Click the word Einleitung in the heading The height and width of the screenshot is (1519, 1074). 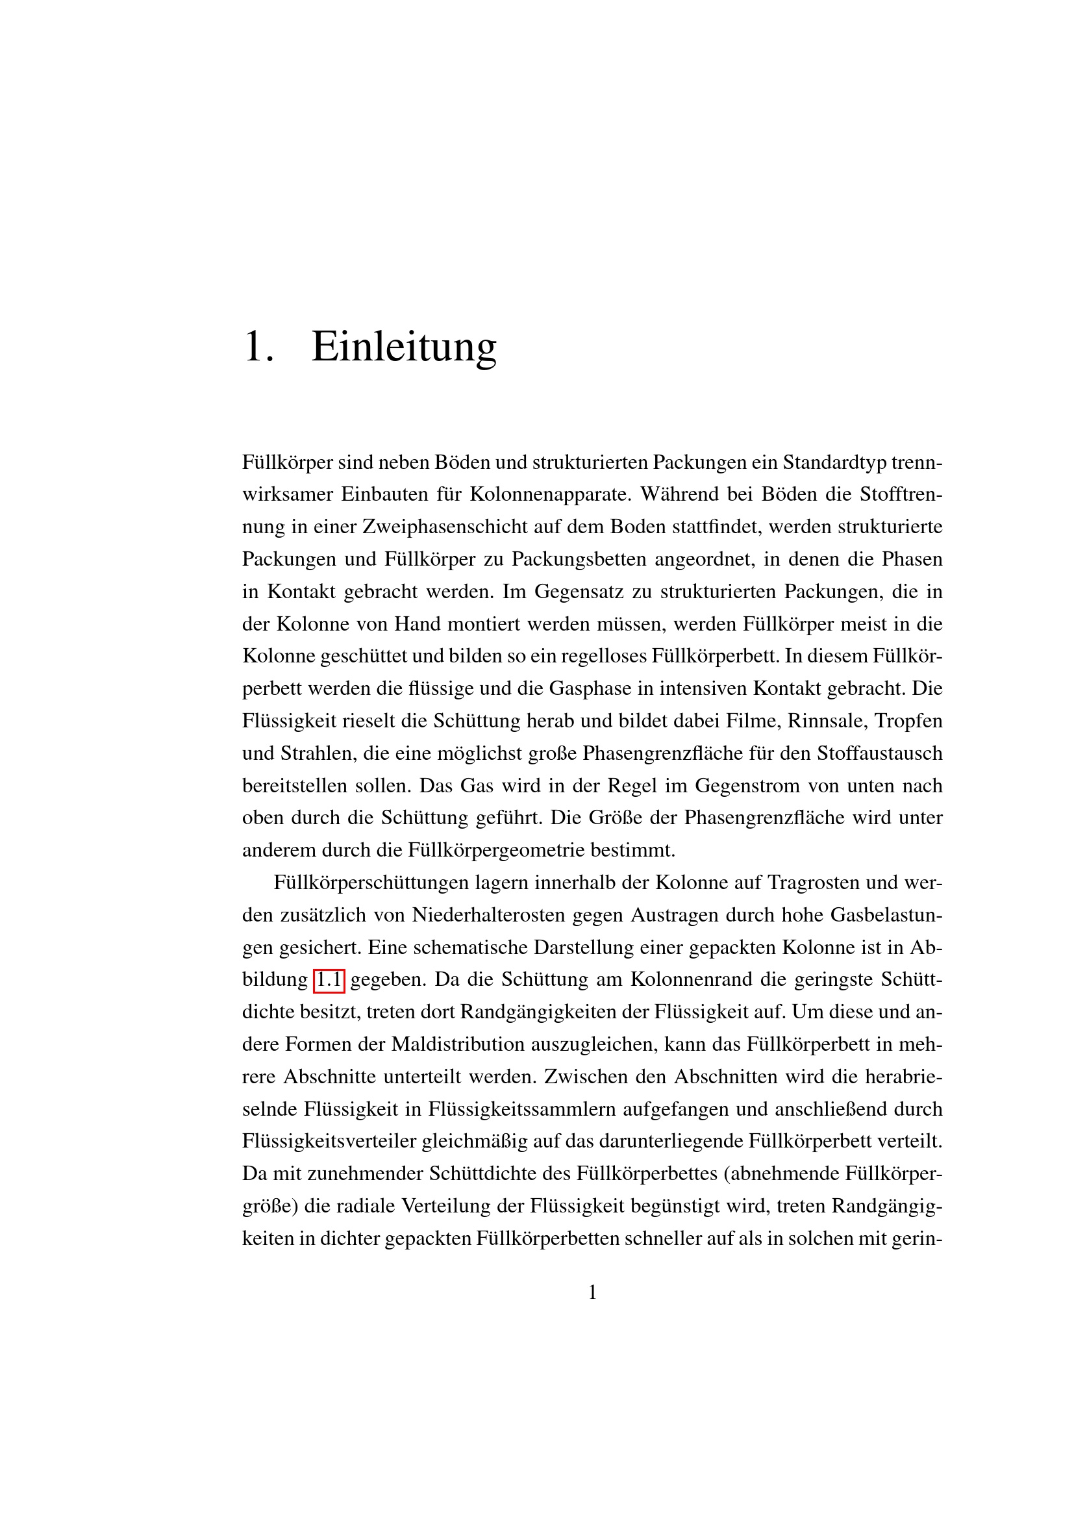point(403,346)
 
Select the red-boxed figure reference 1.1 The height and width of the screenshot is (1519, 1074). point(329,979)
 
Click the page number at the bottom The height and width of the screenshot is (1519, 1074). point(593,1292)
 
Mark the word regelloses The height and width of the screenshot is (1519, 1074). point(603,656)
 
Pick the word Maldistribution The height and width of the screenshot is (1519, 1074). point(458,1044)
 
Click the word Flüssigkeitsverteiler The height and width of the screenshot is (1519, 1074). point(329,1141)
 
